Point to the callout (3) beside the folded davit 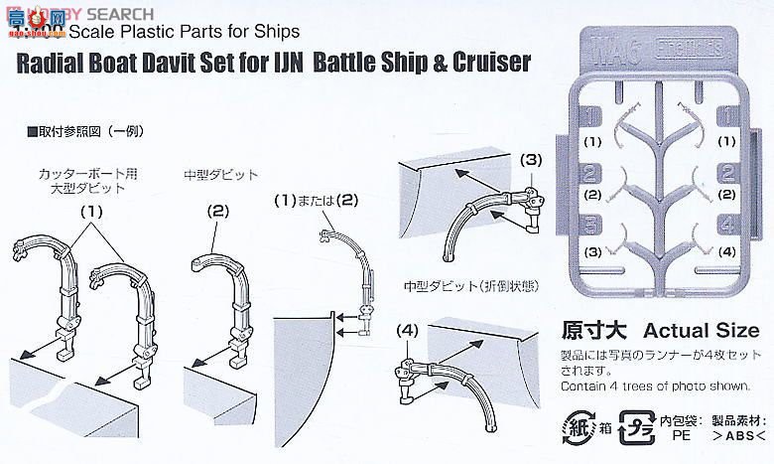coord(533,158)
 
